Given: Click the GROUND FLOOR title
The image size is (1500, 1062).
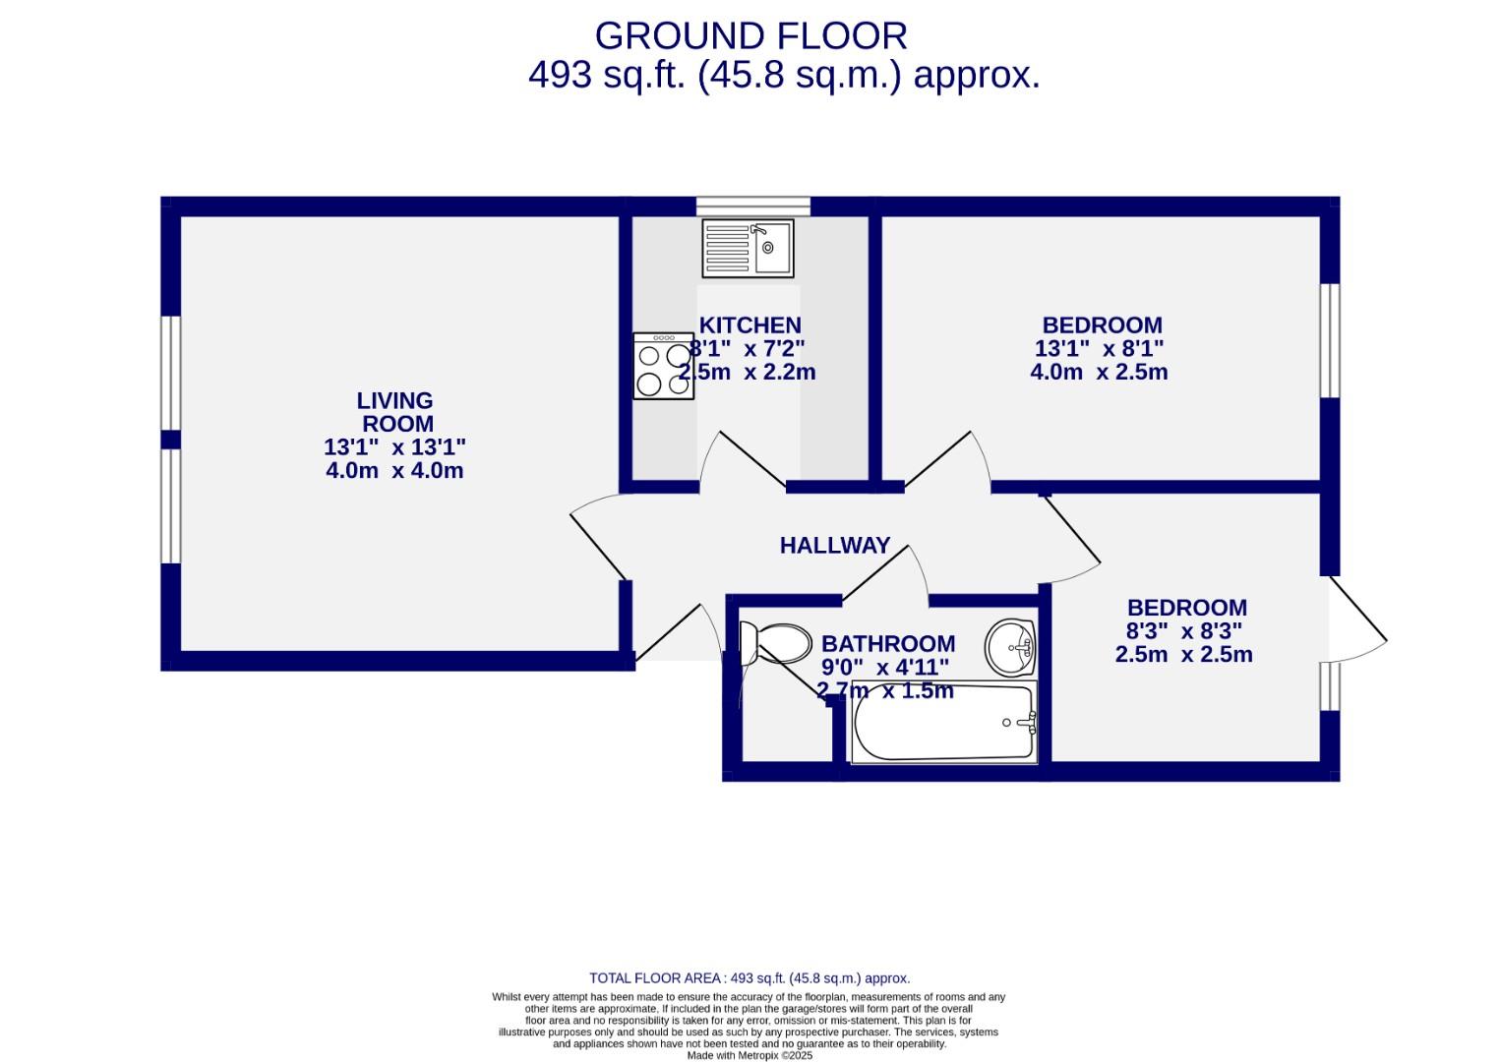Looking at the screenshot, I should click(x=750, y=36).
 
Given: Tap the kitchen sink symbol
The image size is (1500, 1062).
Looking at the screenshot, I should click(x=748, y=248).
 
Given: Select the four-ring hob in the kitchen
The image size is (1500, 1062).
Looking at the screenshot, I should click(x=664, y=366).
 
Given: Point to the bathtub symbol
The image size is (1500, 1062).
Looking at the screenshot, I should click(x=943, y=723).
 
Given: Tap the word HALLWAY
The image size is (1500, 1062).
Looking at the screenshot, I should click(x=834, y=546).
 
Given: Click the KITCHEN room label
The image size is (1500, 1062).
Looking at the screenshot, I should click(x=750, y=325).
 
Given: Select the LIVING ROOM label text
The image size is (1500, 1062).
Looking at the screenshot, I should click(x=395, y=412).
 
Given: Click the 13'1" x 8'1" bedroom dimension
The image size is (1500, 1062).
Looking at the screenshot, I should click(x=1099, y=349).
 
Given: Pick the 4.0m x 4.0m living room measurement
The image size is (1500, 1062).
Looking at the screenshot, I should click(x=394, y=471).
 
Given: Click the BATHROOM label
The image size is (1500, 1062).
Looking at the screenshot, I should click(x=888, y=644).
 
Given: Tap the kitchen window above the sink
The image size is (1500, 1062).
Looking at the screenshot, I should click(x=753, y=206).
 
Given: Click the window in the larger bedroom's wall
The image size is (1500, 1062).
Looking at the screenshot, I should click(x=1330, y=340).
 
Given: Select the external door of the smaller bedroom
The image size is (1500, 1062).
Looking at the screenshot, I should click(x=1357, y=619).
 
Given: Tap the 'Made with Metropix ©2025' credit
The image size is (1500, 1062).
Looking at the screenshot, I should click(x=750, y=1055).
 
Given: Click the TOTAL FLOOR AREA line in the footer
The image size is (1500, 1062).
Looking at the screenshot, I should click(x=750, y=978).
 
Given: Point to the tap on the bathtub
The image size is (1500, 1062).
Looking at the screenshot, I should click(x=1023, y=724).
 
